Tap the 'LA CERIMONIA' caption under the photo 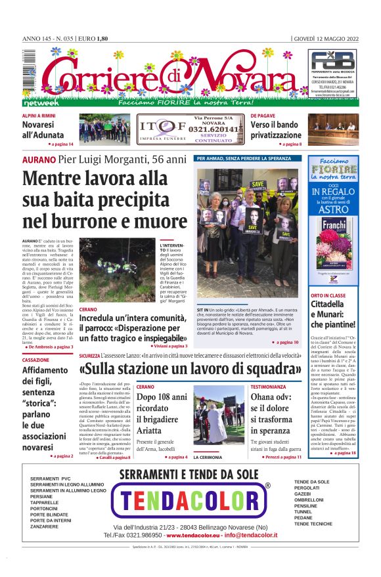tap(207, 457)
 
